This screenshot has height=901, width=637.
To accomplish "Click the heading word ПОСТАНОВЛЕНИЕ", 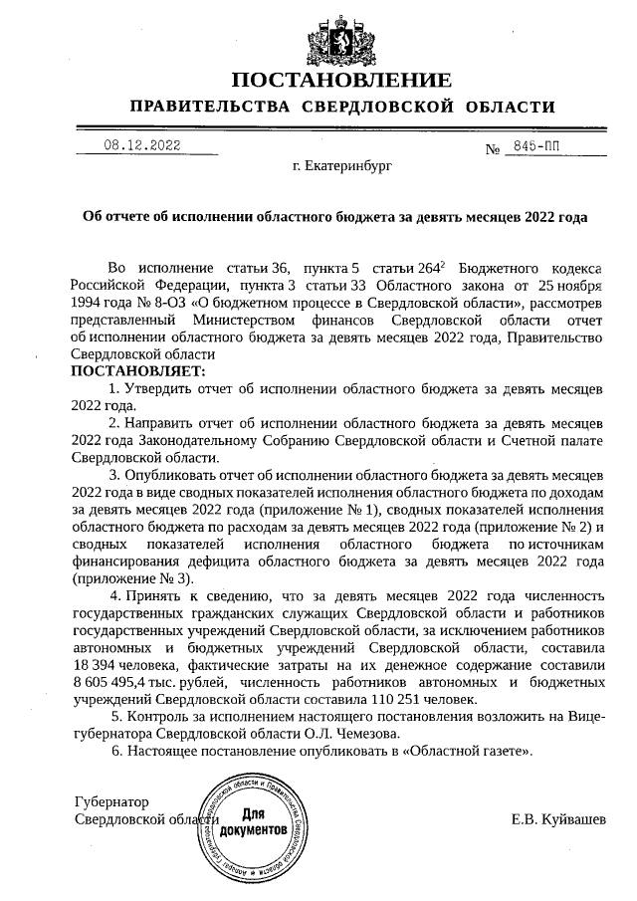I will (x=341, y=80).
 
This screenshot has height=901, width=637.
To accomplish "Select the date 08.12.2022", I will (x=141, y=145).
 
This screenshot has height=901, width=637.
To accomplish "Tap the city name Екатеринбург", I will (x=343, y=167).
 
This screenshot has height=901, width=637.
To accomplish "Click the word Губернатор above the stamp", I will (x=111, y=801).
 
